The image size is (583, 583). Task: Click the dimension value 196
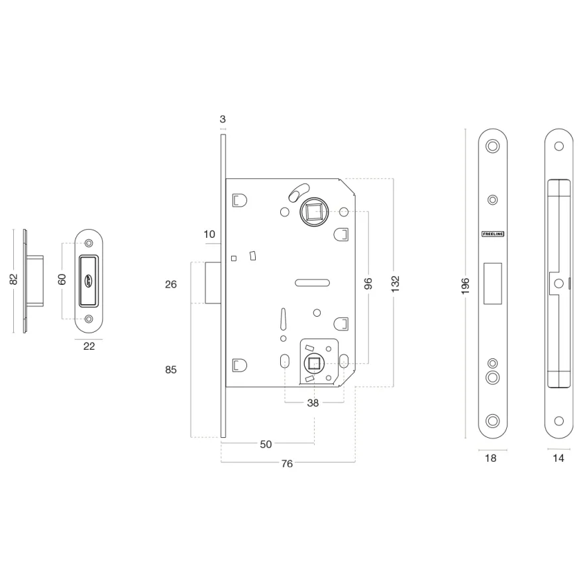[465, 286]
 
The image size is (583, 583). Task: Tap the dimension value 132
[395, 284]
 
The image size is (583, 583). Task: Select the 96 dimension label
[368, 284]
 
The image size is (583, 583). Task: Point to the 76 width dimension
[287, 463]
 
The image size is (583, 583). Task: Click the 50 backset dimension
[266, 444]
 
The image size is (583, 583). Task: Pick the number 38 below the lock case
[313, 403]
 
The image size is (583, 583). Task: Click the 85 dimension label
[171, 370]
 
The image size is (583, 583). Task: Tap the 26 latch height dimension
[171, 284]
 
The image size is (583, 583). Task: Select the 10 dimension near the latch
[209, 235]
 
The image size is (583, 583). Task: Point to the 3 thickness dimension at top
[223, 119]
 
